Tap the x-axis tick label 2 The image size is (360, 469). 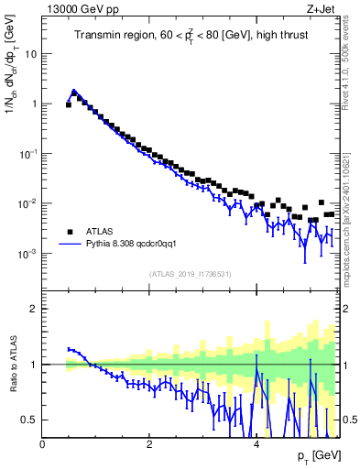click(149, 445)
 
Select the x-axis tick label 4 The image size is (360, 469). click(256, 445)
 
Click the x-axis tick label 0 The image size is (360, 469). click(43, 445)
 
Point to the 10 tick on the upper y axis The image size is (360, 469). click(30, 53)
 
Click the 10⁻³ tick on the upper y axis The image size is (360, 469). click(27, 253)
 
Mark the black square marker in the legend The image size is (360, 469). click(69, 231)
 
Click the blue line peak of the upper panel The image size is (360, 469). click(74, 91)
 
